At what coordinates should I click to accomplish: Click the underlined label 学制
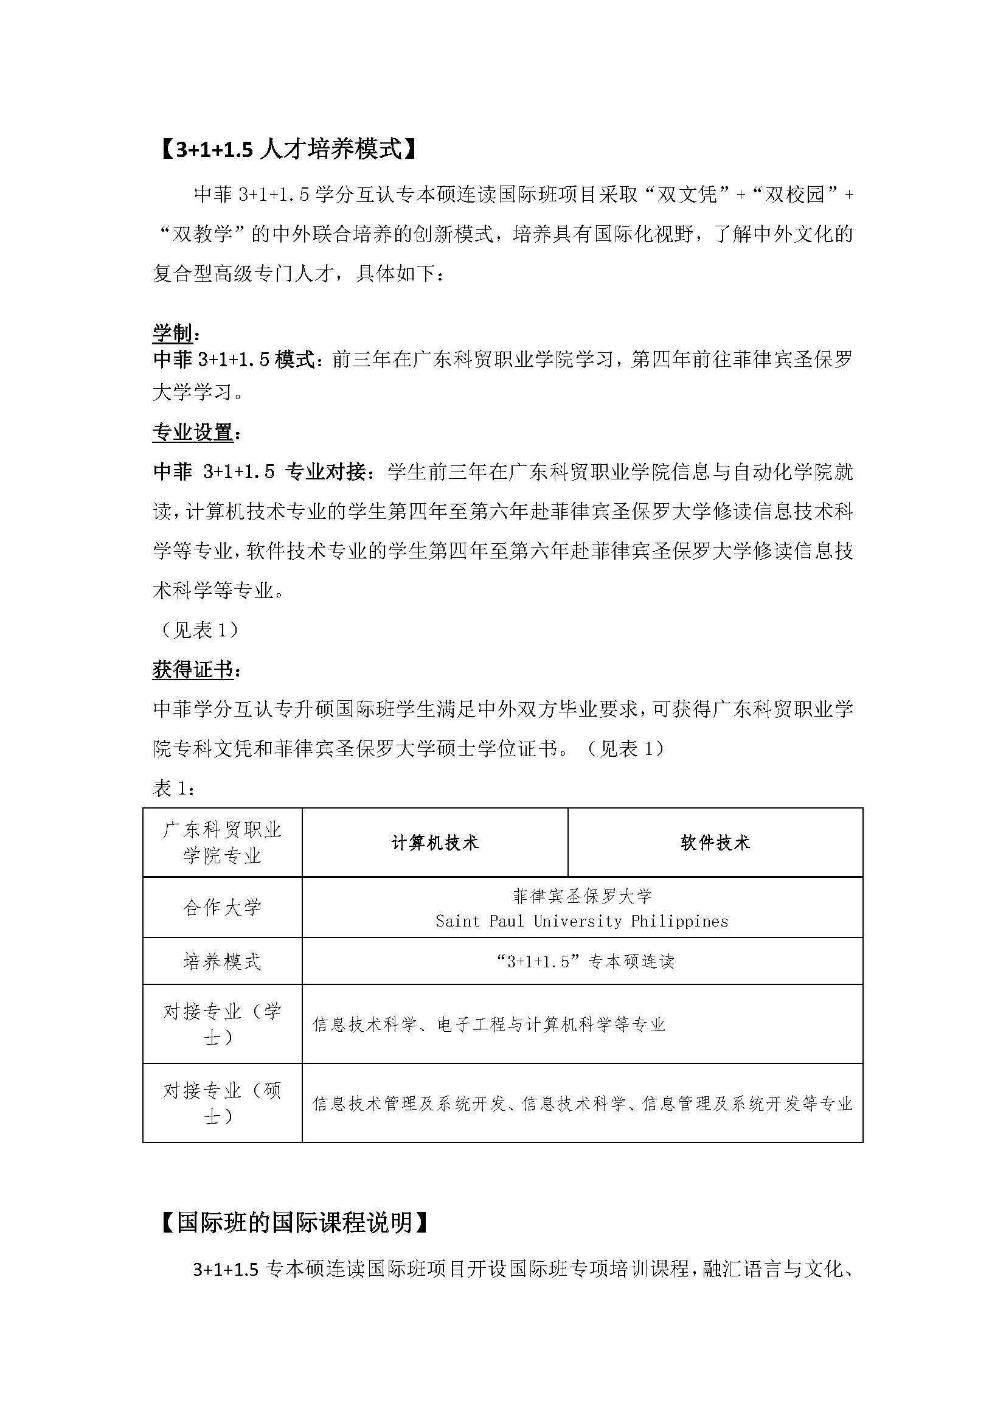173,333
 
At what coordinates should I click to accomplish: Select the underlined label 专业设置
193,433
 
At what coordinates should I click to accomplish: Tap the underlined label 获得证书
193,670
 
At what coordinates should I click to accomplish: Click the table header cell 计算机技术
435,843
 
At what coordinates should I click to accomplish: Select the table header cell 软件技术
715,843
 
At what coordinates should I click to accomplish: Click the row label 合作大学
223,908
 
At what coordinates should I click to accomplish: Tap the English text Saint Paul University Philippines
581,921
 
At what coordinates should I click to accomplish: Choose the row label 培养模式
223,962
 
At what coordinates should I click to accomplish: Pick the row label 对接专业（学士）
223,1024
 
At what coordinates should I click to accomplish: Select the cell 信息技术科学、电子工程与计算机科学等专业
490,1025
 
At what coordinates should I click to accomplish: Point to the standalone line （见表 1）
196,630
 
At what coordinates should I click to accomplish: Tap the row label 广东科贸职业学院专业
223,843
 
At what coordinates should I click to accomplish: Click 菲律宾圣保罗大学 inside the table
582,896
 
